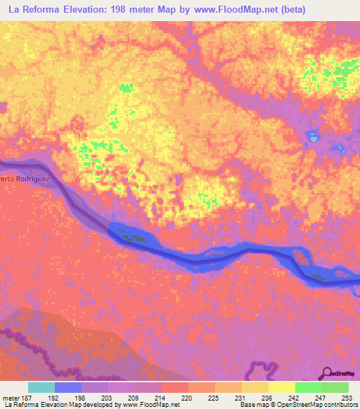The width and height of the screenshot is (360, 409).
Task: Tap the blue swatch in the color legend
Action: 68,387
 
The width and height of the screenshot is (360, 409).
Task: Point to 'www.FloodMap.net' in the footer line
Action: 150,405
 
